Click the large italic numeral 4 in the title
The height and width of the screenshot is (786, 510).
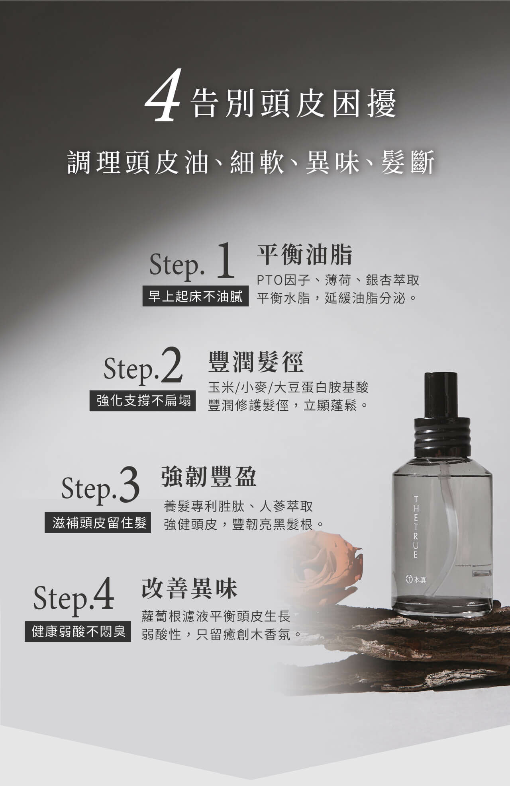[x=162, y=96]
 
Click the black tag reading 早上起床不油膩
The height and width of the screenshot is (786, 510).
[x=195, y=296]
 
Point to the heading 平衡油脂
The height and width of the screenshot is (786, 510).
[x=305, y=255]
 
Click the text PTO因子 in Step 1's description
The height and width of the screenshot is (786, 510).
[x=283, y=280]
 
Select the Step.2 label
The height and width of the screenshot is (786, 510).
[x=143, y=366]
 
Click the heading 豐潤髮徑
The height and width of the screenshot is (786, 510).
[x=256, y=361]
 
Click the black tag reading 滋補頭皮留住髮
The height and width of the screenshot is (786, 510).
[x=98, y=523]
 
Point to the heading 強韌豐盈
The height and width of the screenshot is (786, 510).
[x=209, y=476]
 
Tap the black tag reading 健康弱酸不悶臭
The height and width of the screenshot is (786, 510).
[x=78, y=631]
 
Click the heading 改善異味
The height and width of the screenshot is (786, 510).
[x=189, y=588]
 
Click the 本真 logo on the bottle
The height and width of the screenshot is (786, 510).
[x=416, y=579]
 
